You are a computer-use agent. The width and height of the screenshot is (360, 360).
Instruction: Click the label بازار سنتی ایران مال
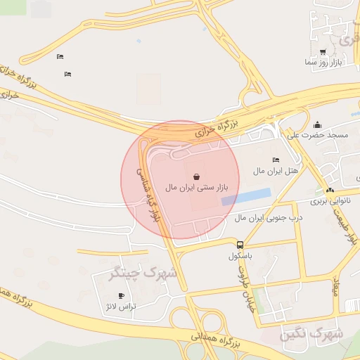(x=198, y=188)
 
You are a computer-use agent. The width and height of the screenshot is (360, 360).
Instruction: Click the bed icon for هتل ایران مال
(x=275, y=160)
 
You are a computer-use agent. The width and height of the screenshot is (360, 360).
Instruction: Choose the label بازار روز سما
(x=323, y=63)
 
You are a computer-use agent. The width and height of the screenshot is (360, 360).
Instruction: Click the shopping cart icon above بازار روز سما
(x=323, y=52)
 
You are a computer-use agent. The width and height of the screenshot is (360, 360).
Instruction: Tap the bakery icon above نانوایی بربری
(x=330, y=190)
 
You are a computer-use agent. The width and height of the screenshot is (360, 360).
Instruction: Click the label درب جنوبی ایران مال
(x=268, y=219)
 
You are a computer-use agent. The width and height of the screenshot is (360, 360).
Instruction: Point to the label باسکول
(x=240, y=256)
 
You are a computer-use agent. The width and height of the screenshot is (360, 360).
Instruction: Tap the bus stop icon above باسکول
(x=240, y=245)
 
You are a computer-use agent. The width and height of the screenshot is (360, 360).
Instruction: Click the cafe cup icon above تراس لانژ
(x=122, y=295)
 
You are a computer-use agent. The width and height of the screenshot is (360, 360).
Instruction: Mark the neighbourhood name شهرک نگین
(x=310, y=335)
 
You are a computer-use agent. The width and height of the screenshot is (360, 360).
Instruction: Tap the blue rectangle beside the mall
(x=245, y=196)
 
